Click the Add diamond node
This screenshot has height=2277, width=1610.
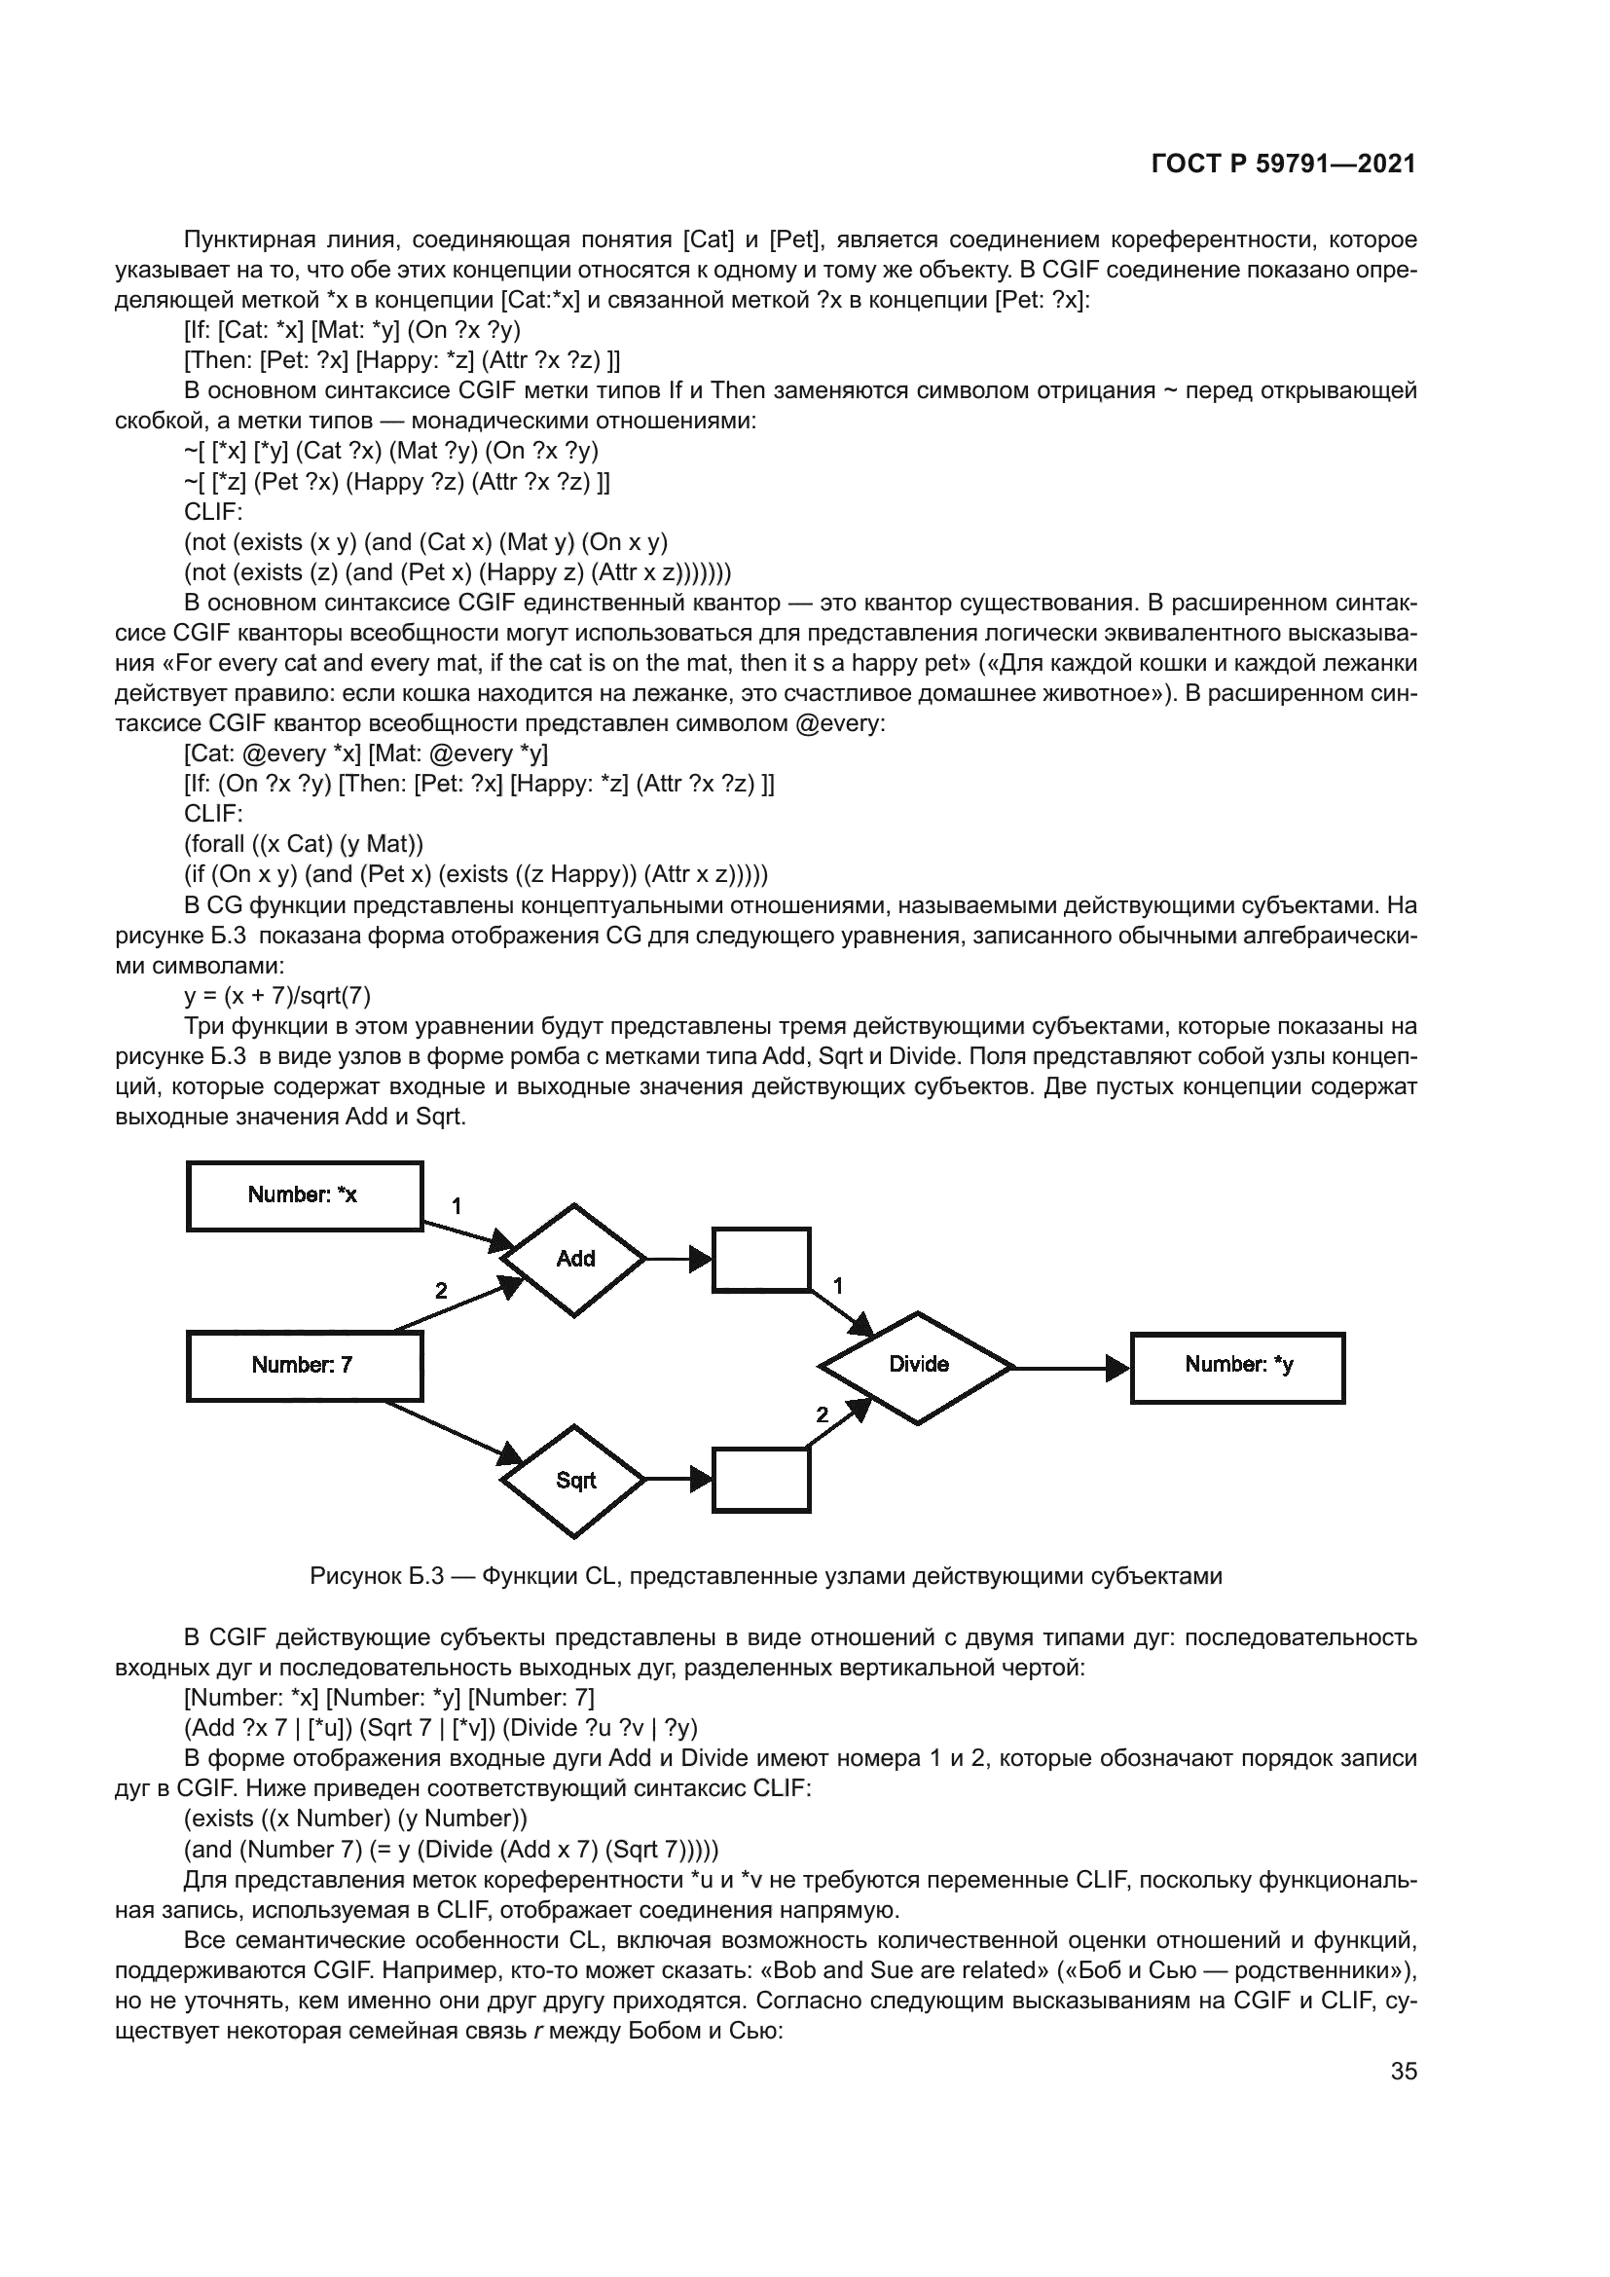pyautogui.click(x=574, y=1260)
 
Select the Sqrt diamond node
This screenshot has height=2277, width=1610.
pyautogui.click(x=574, y=1481)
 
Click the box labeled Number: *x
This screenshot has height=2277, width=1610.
pyautogui.click(x=305, y=1196)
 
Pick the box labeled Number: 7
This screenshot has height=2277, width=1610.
pyautogui.click(x=305, y=1367)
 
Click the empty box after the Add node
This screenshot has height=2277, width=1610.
pyautogui.click(x=761, y=1260)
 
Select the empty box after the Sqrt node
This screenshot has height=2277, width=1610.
pyautogui.click(x=761, y=1481)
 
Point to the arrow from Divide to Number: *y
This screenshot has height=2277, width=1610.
pyautogui.click(x=1071, y=1368)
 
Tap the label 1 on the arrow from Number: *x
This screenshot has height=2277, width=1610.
pyautogui.click(x=456, y=1207)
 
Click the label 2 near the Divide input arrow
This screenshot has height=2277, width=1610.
pyautogui.click(x=822, y=1415)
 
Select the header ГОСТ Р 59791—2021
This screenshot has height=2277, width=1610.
pyautogui.click(x=1283, y=165)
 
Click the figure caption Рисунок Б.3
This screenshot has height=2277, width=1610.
pyautogui.click(x=765, y=1576)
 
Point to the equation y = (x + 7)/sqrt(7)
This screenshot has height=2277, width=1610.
pyautogui.click(x=277, y=996)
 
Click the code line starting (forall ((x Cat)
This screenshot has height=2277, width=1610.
pyautogui.click(x=305, y=844)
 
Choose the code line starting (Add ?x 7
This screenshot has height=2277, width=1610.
pyautogui.click(x=441, y=1728)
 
